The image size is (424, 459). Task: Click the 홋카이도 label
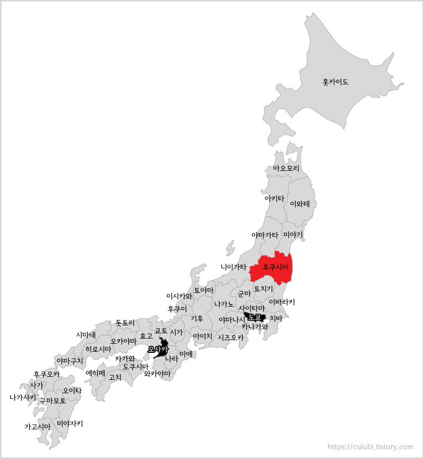click(x=335, y=82)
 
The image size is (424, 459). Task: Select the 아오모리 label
click(x=286, y=168)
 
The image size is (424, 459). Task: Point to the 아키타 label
click(x=274, y=198)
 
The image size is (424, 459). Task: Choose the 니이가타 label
click(x=234, y=267)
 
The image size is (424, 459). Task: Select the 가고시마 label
click(x=38, y=426)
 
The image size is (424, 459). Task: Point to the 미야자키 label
click(x=69, y=423)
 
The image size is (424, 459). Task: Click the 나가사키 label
click(x=23, y=397)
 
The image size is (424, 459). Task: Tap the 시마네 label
click(x=86, y=335)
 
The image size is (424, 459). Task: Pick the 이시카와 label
click(x=179, y=296)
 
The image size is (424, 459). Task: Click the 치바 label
click(x=276, y=318)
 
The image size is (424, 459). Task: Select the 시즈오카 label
click(x=231, y=337)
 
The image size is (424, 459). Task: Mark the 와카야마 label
click(x=157, y=374)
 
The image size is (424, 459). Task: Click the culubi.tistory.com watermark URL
click(x=370, y=447)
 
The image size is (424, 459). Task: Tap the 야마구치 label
click(x=70, y=361)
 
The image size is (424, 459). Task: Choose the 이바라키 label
click(x=281, y=302)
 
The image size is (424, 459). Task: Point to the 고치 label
click(x=115, y=377)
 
